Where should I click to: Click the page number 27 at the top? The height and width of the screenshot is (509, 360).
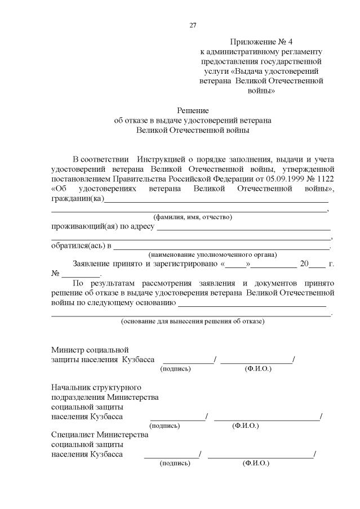tap(193, 25)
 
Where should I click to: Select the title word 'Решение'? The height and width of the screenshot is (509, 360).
tap(193, 110)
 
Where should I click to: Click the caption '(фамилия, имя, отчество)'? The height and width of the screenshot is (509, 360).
tap(193, 217)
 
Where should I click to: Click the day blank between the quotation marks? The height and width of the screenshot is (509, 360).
tap(237, 265)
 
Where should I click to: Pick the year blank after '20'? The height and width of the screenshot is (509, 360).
tap(317, 265)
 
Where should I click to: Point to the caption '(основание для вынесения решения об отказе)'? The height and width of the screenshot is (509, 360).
tap(193, 322)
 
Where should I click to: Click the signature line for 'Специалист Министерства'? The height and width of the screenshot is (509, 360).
tap(171, 456)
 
